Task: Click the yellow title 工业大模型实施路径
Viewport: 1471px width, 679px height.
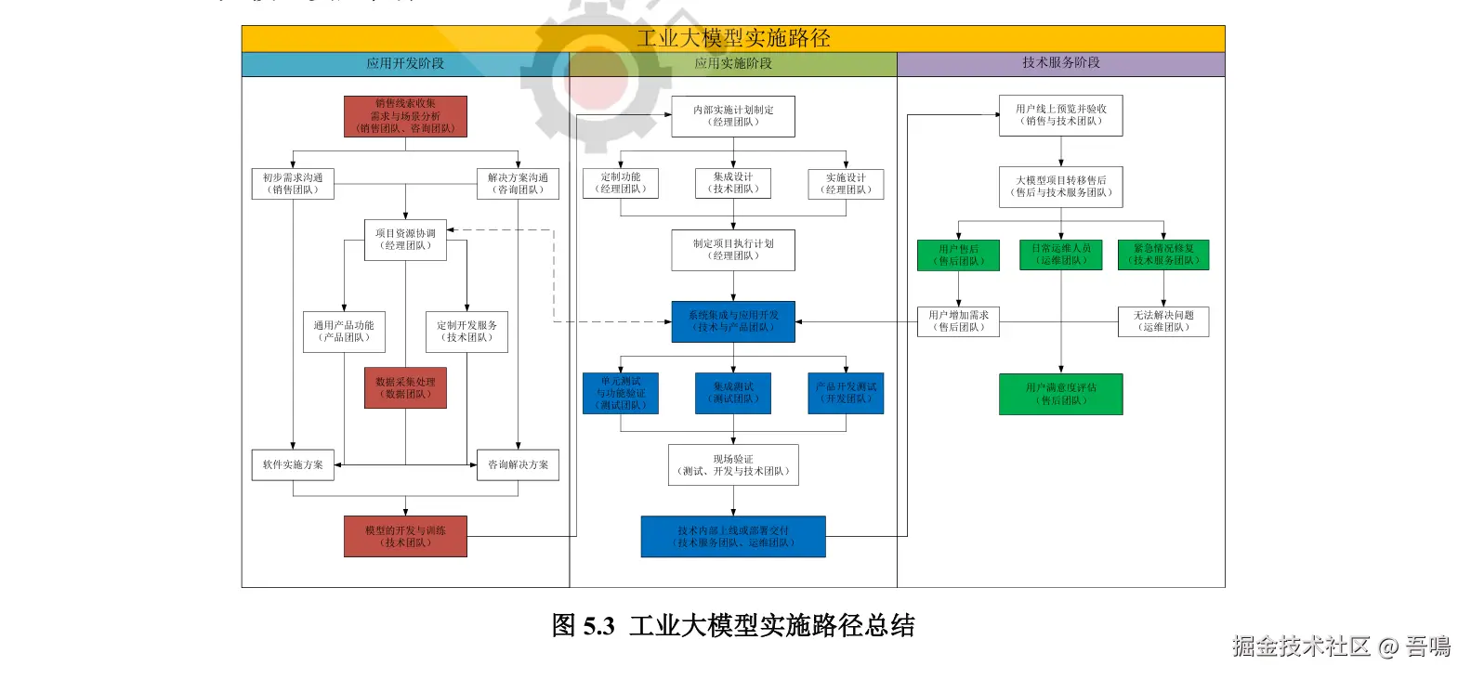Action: point(733,38)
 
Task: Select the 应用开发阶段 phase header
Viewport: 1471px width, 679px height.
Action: point(405,63)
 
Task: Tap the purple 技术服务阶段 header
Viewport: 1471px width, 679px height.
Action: point(1061,63)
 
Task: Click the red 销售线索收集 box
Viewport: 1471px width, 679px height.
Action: point(405,116)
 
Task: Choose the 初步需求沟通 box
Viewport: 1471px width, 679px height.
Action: point(293,184)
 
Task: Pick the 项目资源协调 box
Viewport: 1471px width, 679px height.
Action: point(405,240)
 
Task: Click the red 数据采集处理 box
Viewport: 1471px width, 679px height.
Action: point(405,388)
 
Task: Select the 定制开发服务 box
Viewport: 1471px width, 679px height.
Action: point(466,332)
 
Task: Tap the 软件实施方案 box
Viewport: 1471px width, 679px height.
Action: point(293,464)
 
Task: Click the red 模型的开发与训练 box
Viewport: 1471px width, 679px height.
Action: point(405,537)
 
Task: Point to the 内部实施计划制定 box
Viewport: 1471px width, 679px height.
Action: point(733,116)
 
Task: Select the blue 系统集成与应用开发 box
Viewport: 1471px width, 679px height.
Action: point(733,321)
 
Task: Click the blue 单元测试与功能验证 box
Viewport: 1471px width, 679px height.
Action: point(621,393)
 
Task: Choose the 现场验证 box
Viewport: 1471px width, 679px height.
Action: point(733,465)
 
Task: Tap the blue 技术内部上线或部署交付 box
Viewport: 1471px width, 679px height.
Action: point(733,537)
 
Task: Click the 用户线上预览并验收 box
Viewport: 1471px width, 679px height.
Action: point(1060,115)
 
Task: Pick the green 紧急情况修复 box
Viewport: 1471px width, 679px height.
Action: point(1163,255)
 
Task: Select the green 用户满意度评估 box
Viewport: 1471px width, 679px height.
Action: point(1060,394)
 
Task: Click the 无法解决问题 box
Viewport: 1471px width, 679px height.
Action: point(1163,321)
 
